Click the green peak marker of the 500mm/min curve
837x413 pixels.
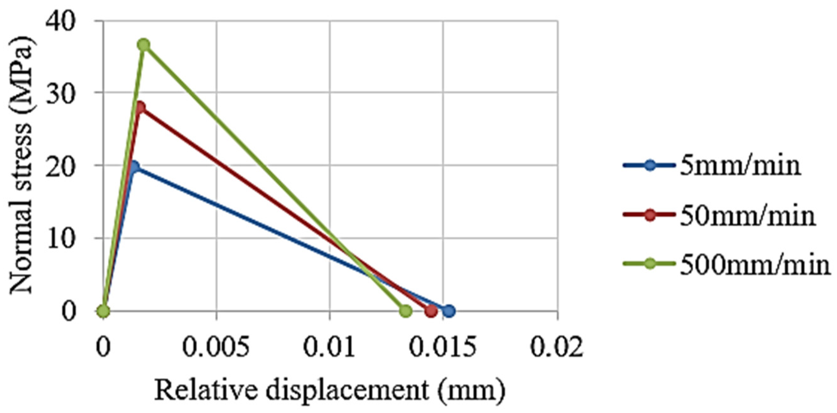click(144, 45)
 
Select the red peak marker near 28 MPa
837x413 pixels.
click(140, 107)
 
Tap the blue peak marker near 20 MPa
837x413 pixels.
click(134, 167)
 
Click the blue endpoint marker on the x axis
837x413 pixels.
click(449, 311)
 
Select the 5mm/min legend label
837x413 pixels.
click(740, 166)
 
